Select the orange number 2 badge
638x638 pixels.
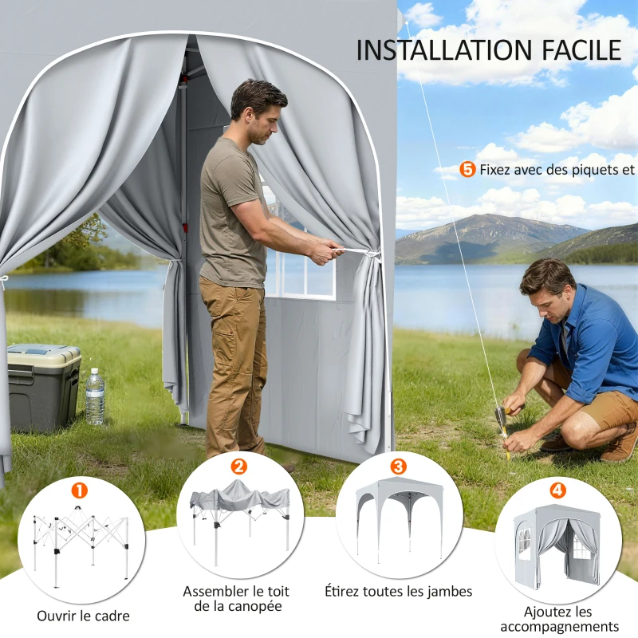pos(238,467)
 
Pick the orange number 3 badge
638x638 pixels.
pos(398,466)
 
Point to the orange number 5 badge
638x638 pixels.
pos(468,169)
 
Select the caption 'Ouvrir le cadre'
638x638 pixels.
pos(83,616)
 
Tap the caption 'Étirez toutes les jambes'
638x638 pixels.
pos(399,591)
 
